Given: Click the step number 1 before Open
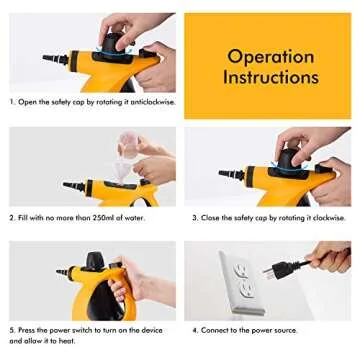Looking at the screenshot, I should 13,102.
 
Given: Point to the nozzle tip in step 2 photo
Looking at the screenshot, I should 68,185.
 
